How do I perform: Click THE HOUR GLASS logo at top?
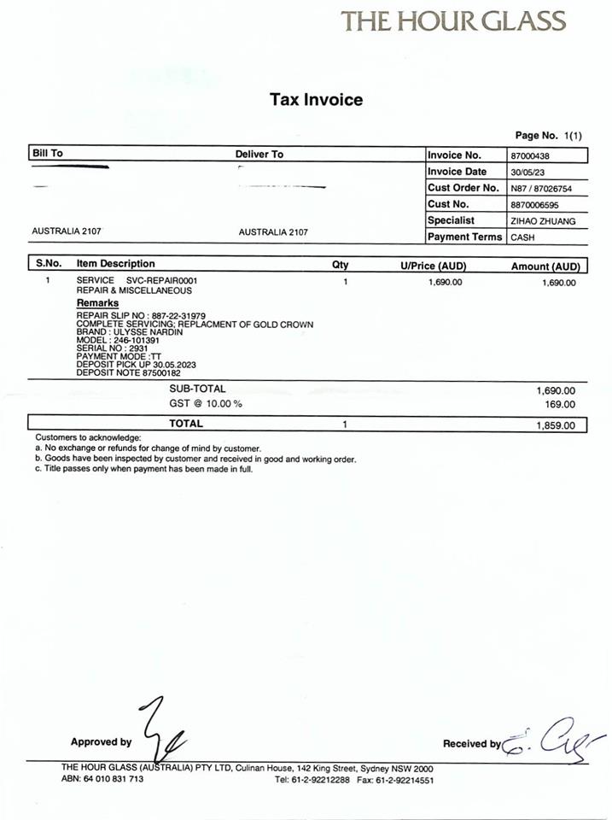click(x=453, y=20)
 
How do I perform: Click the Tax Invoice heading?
click(x=316, y=100)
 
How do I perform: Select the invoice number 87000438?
click(x=530, y=156)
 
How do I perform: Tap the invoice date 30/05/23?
click(x=527, y=173)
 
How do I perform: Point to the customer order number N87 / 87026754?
click(x=541, y=189)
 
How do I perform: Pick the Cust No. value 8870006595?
click(x=536, y=205)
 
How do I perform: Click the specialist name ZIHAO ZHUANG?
click(x=543, y=221)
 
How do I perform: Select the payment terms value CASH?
click(x=522, y=238)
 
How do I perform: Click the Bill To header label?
click(x=47, y=154)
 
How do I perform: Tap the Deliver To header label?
click(x=259, y=155)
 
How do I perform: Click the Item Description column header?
click(x=115, y=264)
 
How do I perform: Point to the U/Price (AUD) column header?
click(x=433, y=266)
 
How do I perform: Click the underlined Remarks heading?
click(x=97, y=303)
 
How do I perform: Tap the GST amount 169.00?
click(x=560, y=404)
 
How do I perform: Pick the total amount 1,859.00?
click(x=556, y=425)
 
